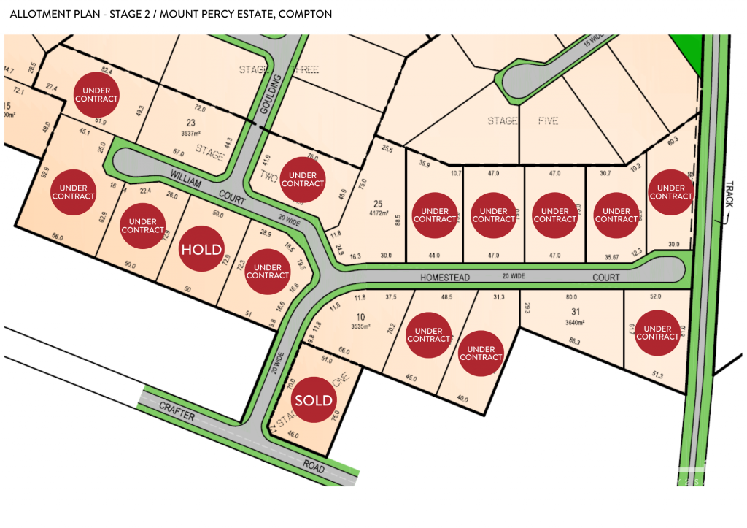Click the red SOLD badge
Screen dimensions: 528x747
tap(314, 400)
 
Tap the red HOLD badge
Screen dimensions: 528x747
tap(201, 249)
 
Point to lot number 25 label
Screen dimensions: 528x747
tap(378, 203)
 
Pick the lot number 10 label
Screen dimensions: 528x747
tap(360, 316)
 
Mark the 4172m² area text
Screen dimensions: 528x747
tap(378, 214)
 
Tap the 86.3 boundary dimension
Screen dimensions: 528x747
tap(574, 341)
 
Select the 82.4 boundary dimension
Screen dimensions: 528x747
tap(107, 71)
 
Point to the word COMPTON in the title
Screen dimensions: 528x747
tap(300, 14)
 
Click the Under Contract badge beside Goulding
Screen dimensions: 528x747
tap(303, 180)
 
